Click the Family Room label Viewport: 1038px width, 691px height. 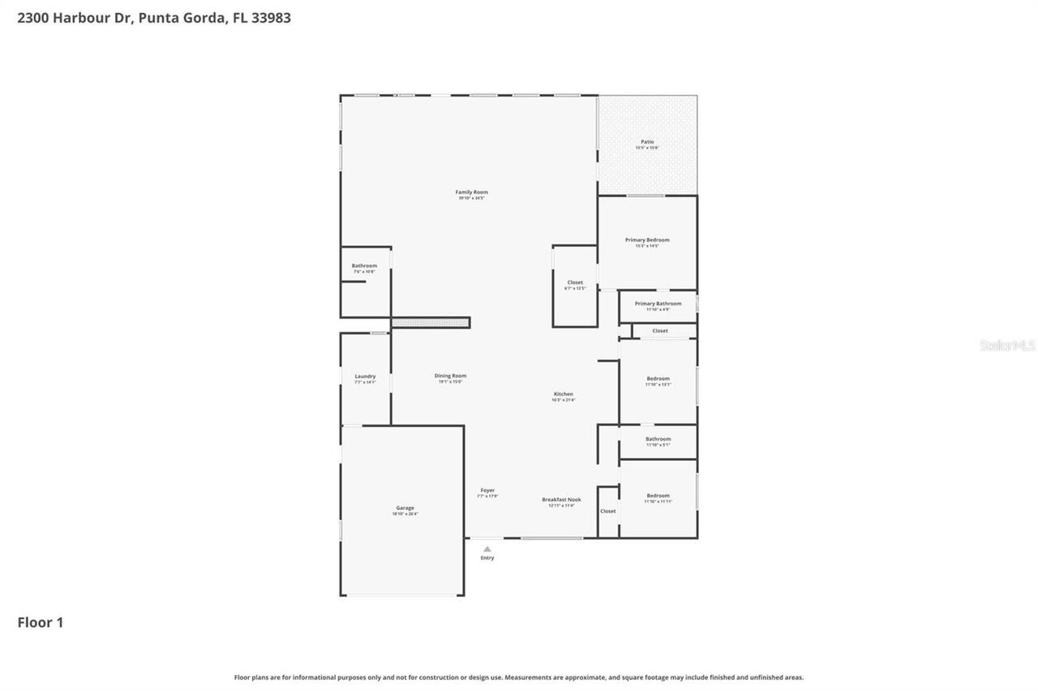click(x=471, y=193)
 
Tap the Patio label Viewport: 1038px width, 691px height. click(x=647, y=142)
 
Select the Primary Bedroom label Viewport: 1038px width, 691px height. click(x=647, y=240)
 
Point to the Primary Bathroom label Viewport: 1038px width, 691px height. click(x=658, y=304)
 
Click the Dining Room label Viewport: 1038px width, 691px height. click(x=450, y=376)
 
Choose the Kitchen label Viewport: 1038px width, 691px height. click(x=563, y=395)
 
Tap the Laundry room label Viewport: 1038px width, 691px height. click(x=365, y=377)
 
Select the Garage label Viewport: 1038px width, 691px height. click(x=405, y=509)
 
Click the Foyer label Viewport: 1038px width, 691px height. click(x=487, y=491)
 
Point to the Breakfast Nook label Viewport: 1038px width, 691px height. click(x=561, y=501)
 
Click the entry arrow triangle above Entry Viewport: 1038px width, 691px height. click(x=487, y=548)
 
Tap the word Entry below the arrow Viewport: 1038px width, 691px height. click(x=487, y=558)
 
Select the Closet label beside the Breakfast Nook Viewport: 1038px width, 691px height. click(x=608, y=511)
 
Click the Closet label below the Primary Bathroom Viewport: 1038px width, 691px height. click(x=660, y=331)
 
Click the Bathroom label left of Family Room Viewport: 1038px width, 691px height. click(x=364, y=266)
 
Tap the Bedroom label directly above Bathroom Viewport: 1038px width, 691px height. click(x=658, y=379)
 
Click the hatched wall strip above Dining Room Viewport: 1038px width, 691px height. click(x=430, y=322)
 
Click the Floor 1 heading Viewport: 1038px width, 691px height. click(x=41, y=622)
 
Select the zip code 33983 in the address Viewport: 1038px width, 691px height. click(x=271, y=18)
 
